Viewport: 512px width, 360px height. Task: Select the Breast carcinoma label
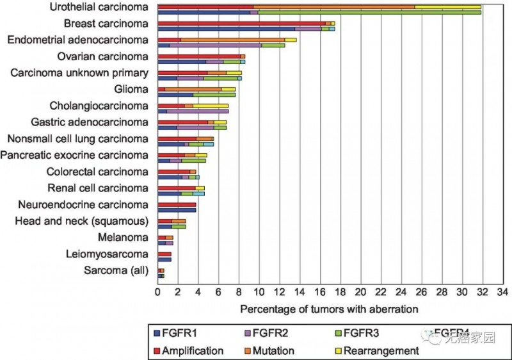[106, 24]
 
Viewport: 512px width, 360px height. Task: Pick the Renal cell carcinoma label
[98, 188]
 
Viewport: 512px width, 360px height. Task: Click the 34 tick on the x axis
[501, 292]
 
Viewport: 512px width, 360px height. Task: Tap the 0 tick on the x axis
[158, 292]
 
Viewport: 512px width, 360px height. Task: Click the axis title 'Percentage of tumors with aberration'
[329, 309]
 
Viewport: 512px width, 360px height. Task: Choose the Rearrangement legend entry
[381, 350]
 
